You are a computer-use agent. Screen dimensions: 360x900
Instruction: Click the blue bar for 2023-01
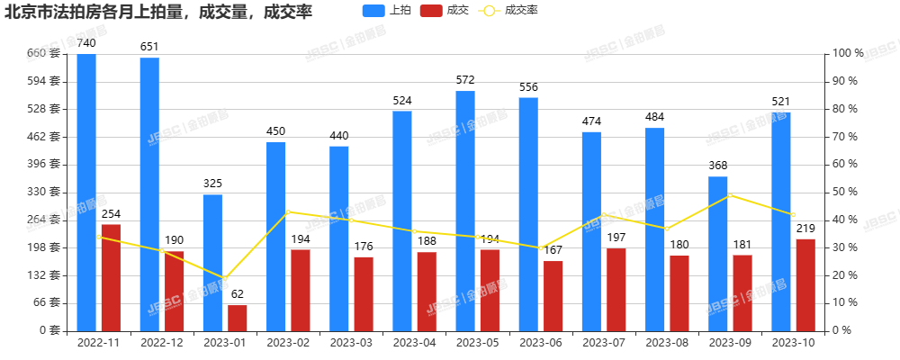pyautogui.click(x=212, y=262)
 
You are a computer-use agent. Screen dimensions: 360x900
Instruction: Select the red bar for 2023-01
pyautogui.click(x=237, y=317)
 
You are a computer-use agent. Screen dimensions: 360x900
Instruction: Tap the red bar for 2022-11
pyautogui.click(x=111, y=276)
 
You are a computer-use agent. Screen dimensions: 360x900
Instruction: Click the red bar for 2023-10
pyautogui.click(x=805, y=284)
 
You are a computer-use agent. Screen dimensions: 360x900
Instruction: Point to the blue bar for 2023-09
pyautogui.click(x=717, y=253)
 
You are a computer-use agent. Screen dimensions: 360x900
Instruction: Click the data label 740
pyautogui.click(x=86, y=42)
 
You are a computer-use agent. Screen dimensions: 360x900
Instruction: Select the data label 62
pyautogui.click(x=237, y=293)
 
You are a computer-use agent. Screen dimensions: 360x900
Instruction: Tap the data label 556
pyautogui.click(x=528, y=86)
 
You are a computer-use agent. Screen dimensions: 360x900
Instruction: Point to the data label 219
pyautogui.click(x=805, y=228)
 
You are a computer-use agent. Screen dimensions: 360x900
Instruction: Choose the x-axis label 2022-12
pyautogui.click(x=162, y=343)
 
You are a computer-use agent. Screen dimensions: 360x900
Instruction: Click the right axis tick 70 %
pyautogui.click(x=848, y=137)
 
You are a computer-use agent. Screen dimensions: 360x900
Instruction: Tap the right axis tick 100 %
pyautogui.click(x=850, y=54)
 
